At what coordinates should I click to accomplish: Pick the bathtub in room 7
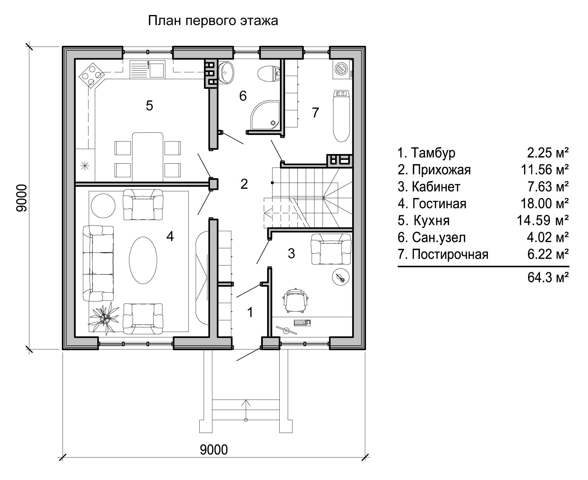[x=341, y=116]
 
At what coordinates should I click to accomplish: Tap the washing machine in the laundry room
[x=342, y=69]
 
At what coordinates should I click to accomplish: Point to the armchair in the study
[x=331, y=249]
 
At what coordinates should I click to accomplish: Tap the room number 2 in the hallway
[x=244, y=184]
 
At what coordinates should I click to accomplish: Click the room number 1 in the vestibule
[x=250, y=312]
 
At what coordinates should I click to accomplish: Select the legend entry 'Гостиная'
[x=432, y=204]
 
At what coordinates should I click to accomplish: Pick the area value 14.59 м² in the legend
[x=543, y=220]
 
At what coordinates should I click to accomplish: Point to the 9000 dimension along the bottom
[x=214, y=450]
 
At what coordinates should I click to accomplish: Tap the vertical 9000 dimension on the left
[x=22, y=198]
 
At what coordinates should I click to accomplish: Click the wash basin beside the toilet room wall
[x=226, y=73]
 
